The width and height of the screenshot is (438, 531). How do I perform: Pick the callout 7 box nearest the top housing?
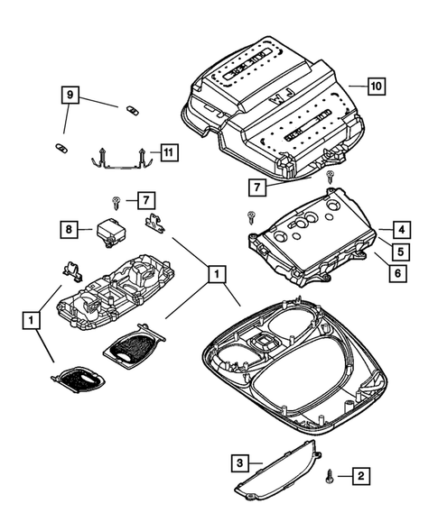(260, 188)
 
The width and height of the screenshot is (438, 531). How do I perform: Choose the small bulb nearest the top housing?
(132, 109)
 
